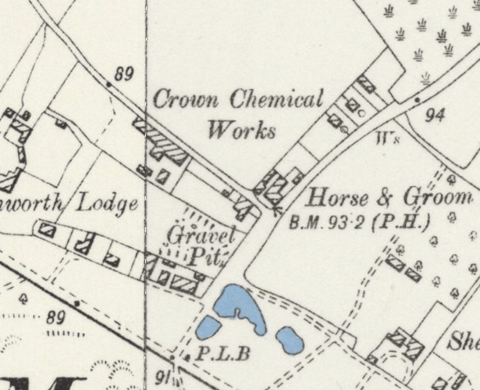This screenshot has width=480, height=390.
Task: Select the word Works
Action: pyautogui.click(x=241, y=130)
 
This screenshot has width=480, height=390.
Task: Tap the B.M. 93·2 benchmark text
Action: pyautogui.click(x=328, y=222)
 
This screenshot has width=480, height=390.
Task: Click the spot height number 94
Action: pyautogui.click(x=435, y=116)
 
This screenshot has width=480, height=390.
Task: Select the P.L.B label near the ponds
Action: pyautogui.click(x=222, y=354)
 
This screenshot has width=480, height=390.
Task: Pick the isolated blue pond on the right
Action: pyautogui.click(x=290, y=338)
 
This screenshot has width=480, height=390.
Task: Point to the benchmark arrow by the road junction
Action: pyautogui.click(x=276, y=207)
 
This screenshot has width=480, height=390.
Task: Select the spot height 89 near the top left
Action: pyautogui.click(x=123, y=74)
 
